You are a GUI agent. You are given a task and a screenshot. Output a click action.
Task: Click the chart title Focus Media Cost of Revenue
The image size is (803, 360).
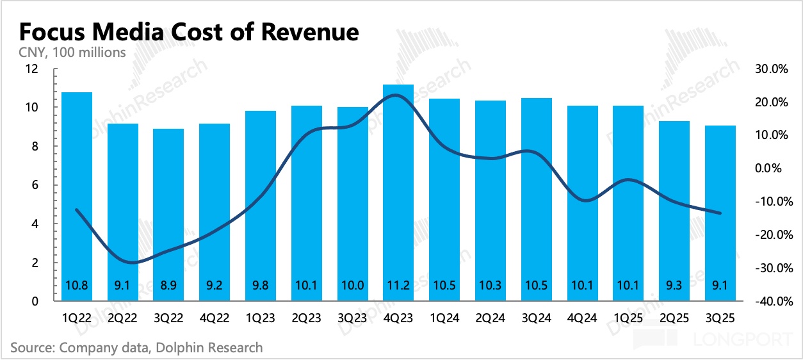[189, 31]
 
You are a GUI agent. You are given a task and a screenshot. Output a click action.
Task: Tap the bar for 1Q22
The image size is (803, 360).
[77, 192]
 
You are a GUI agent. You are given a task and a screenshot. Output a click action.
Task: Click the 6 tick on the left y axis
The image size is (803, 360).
[35, 185]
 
